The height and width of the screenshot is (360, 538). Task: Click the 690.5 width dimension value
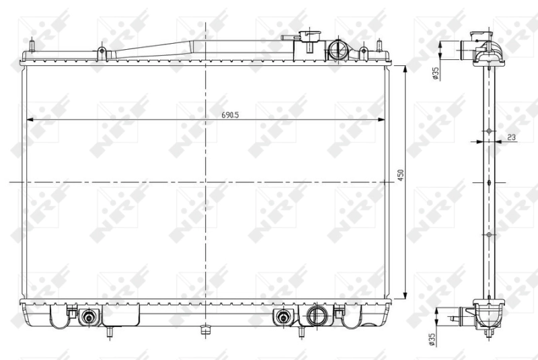231,115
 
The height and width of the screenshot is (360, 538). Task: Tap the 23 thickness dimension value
511,137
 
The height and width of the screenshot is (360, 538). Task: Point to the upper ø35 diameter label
436,73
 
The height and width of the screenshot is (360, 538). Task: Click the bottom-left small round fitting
87,317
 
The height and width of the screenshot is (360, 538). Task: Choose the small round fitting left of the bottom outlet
283,317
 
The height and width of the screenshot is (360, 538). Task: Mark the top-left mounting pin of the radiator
31,47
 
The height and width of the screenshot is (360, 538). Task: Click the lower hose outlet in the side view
463,313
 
